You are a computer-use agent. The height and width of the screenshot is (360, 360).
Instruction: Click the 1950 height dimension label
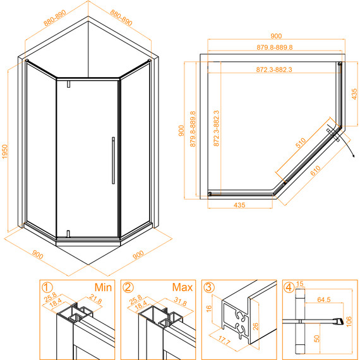coord(4,152)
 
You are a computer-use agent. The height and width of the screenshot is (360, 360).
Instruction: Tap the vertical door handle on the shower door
coord(113,160)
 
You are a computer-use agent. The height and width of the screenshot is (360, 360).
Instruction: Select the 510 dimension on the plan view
coord(301,143)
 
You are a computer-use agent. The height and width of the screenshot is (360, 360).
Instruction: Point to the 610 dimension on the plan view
coord(315,171)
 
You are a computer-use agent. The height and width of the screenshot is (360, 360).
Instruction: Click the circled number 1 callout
coord(47,287)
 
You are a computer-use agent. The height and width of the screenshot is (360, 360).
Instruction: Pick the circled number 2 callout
coord(128,287)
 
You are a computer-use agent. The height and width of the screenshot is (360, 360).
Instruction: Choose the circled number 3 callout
coord(209,287)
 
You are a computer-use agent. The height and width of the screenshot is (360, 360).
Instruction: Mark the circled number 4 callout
coord(290,287)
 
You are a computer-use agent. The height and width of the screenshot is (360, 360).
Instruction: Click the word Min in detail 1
coord(103,287)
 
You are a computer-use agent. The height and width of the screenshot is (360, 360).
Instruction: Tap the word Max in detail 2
coord(183,287)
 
